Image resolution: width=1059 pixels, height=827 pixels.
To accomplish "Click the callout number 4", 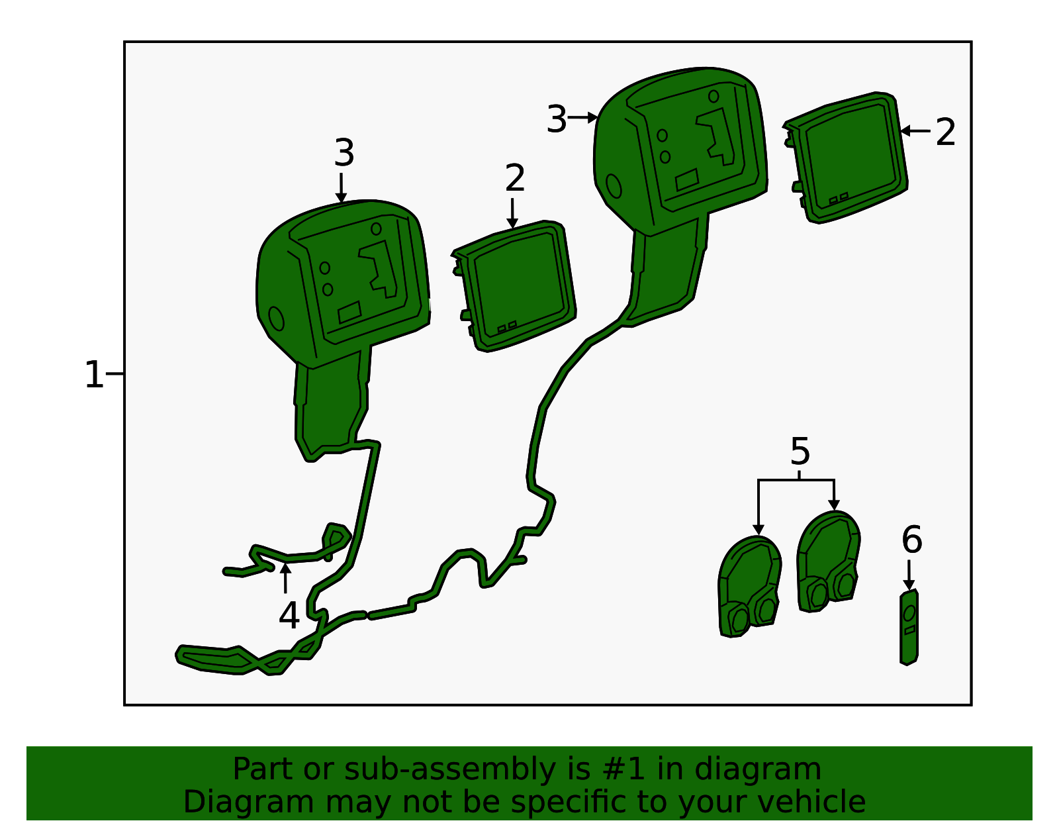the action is point(289,616).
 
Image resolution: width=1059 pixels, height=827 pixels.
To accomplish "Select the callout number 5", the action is point(800,452).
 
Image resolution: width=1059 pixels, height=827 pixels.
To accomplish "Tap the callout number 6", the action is point(912,540).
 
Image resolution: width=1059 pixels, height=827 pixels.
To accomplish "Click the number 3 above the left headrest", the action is point(344,152).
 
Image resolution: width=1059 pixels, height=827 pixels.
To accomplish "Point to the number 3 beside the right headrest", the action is point(557,119).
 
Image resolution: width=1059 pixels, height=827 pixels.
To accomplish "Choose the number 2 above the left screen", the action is point(515,178).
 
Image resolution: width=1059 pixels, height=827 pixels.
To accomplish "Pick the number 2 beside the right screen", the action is point(945,132).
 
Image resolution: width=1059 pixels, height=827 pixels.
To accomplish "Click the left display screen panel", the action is point(515,286).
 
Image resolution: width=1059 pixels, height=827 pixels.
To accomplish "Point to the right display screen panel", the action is point(846,158).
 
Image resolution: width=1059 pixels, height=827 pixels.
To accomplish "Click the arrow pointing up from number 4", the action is point(285,579).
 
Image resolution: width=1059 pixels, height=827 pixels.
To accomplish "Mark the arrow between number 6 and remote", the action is point(909,575).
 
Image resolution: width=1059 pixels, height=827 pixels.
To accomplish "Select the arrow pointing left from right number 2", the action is point(916,130).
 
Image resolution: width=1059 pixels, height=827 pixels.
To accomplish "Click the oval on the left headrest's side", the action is point(276,318).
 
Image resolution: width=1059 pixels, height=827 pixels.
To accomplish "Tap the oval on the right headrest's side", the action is point(614,186).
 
